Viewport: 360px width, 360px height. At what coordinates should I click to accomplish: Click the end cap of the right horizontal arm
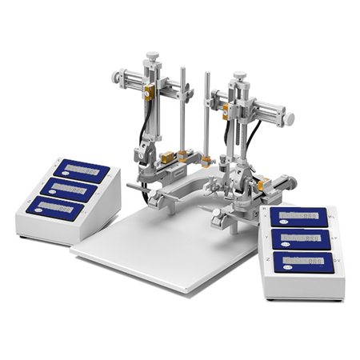pyautogui.click(x=290, y=119)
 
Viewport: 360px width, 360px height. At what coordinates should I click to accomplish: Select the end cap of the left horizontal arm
pyautogui.click(x=116, y=77)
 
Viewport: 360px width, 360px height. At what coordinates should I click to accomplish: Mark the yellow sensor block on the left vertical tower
pyautogui.click(x=149, y=93)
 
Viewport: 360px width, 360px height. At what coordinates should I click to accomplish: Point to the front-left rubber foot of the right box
pyautogui.click(x=270, y=298)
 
